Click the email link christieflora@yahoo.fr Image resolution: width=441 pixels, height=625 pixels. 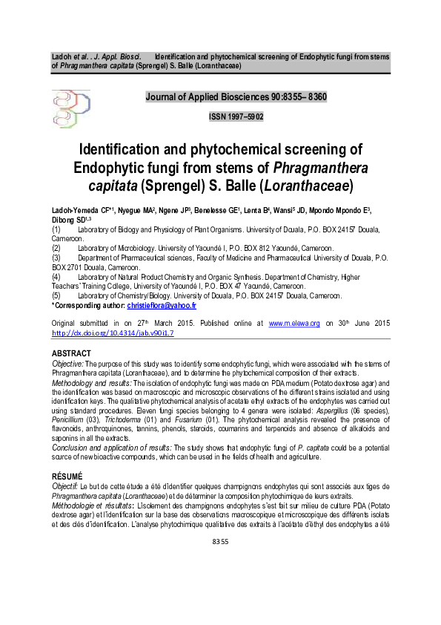pos(161,305)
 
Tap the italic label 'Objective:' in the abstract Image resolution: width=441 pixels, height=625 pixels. pos(67,364)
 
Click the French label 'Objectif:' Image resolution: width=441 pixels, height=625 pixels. pos(66,485)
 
